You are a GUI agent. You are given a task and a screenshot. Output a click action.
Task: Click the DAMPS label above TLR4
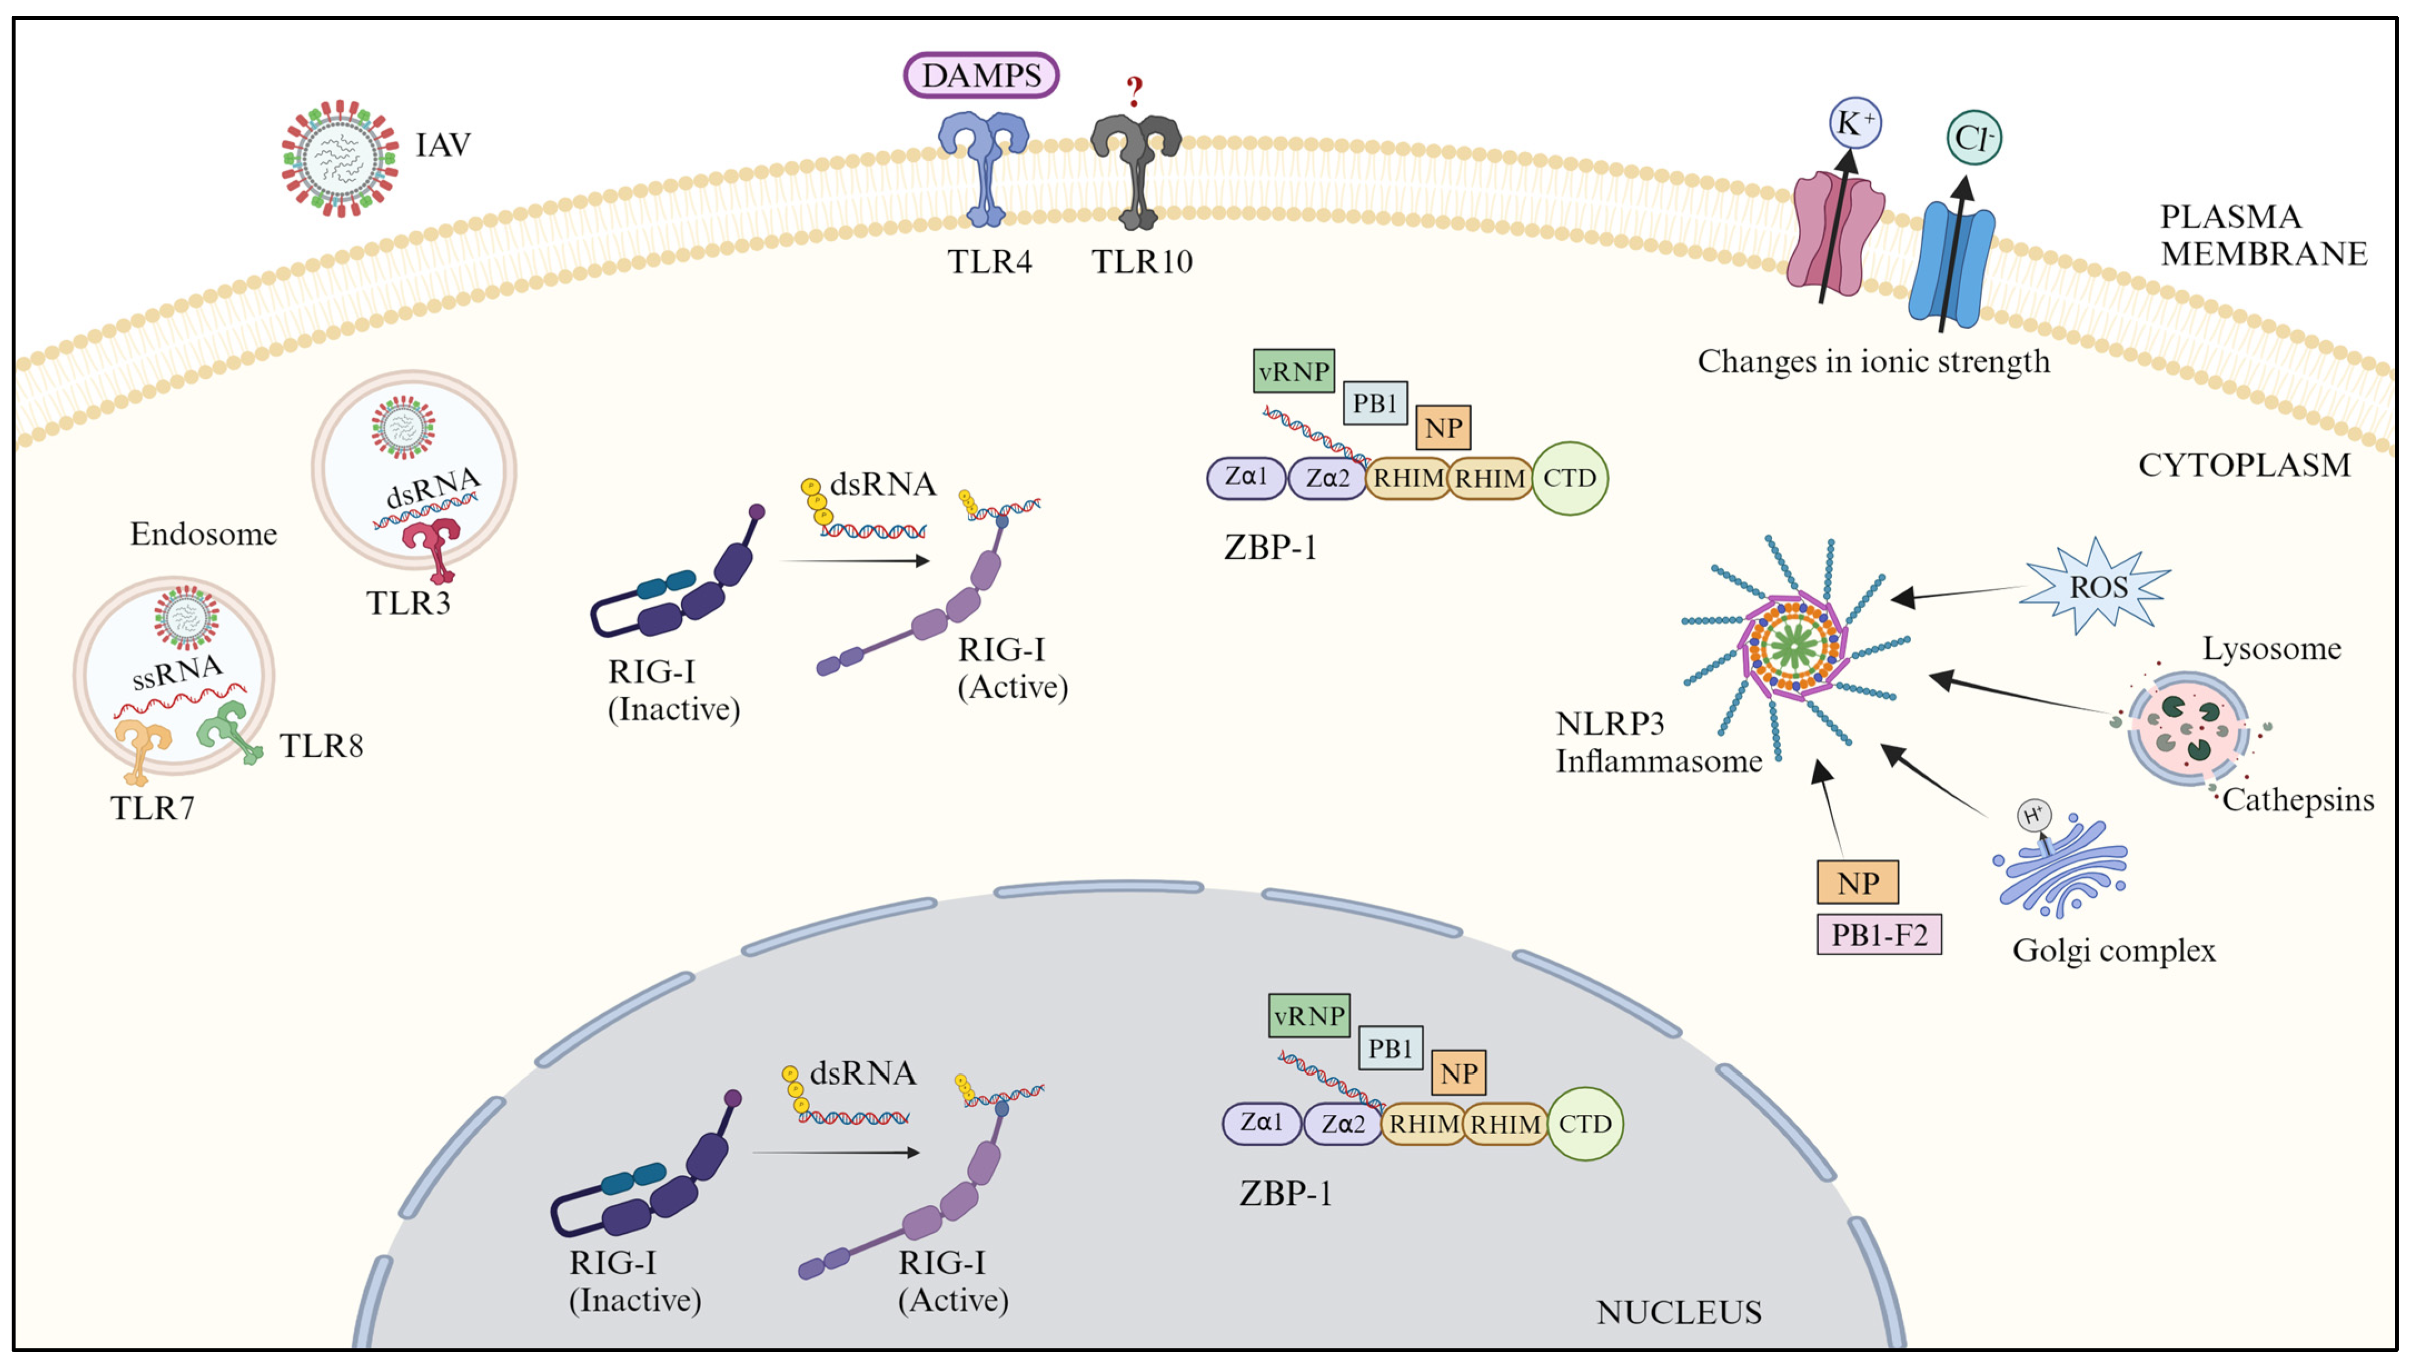981,75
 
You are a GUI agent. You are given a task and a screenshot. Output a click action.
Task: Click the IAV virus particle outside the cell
340,158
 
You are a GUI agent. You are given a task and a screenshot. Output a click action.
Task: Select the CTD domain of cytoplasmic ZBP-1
1569,478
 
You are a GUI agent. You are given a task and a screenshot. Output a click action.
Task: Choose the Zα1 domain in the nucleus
1262,1123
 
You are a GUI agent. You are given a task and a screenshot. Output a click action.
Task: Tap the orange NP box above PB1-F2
1857,882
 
